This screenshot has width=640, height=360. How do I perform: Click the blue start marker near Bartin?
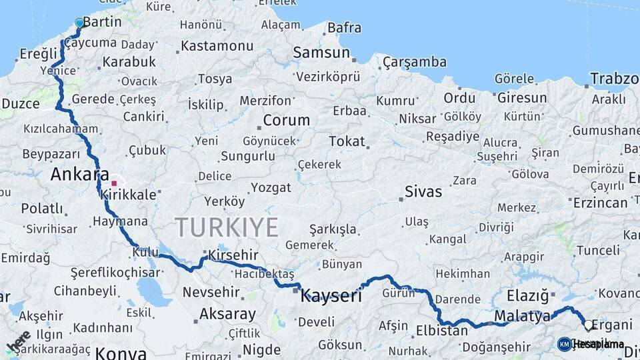[x=80, y=23]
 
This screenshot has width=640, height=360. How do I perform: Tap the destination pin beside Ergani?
[x=588, y=325]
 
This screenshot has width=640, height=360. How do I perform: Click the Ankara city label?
[x=79, y=175]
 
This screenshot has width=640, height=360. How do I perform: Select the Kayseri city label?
[x=331, y=295]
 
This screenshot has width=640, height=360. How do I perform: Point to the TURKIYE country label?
[x=227, y=227]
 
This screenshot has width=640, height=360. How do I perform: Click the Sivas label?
[x=423, y=192]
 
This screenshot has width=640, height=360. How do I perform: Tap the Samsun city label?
[x=321, y=53]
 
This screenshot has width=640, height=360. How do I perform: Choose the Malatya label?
[x=523, y=315]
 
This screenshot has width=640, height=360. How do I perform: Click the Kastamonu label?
[x=217, y=46]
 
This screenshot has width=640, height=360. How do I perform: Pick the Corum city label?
[x=287, y=121]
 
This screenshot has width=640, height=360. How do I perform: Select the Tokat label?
[x=347, y=141]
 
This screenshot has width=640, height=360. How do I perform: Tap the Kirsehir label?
[x=233, y=255]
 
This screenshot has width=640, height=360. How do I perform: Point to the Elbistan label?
[x=442, y=331]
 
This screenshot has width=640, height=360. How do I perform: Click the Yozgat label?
[x=271, y=187]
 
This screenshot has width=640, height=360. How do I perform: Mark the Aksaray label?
[x=227, y=314]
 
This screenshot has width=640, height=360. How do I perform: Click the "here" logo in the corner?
[x=18, y=341]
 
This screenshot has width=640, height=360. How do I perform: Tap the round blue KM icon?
[x=565, y=344]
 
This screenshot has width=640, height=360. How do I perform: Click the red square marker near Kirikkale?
[x=114, y=183]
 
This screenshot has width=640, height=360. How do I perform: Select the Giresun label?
[x=522, y=98]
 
